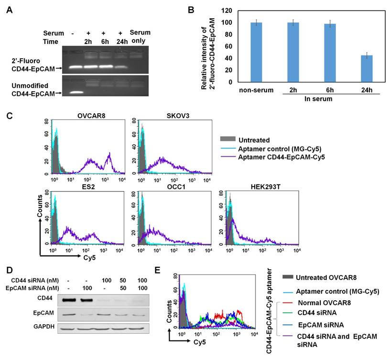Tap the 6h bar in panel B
[330, 53]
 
